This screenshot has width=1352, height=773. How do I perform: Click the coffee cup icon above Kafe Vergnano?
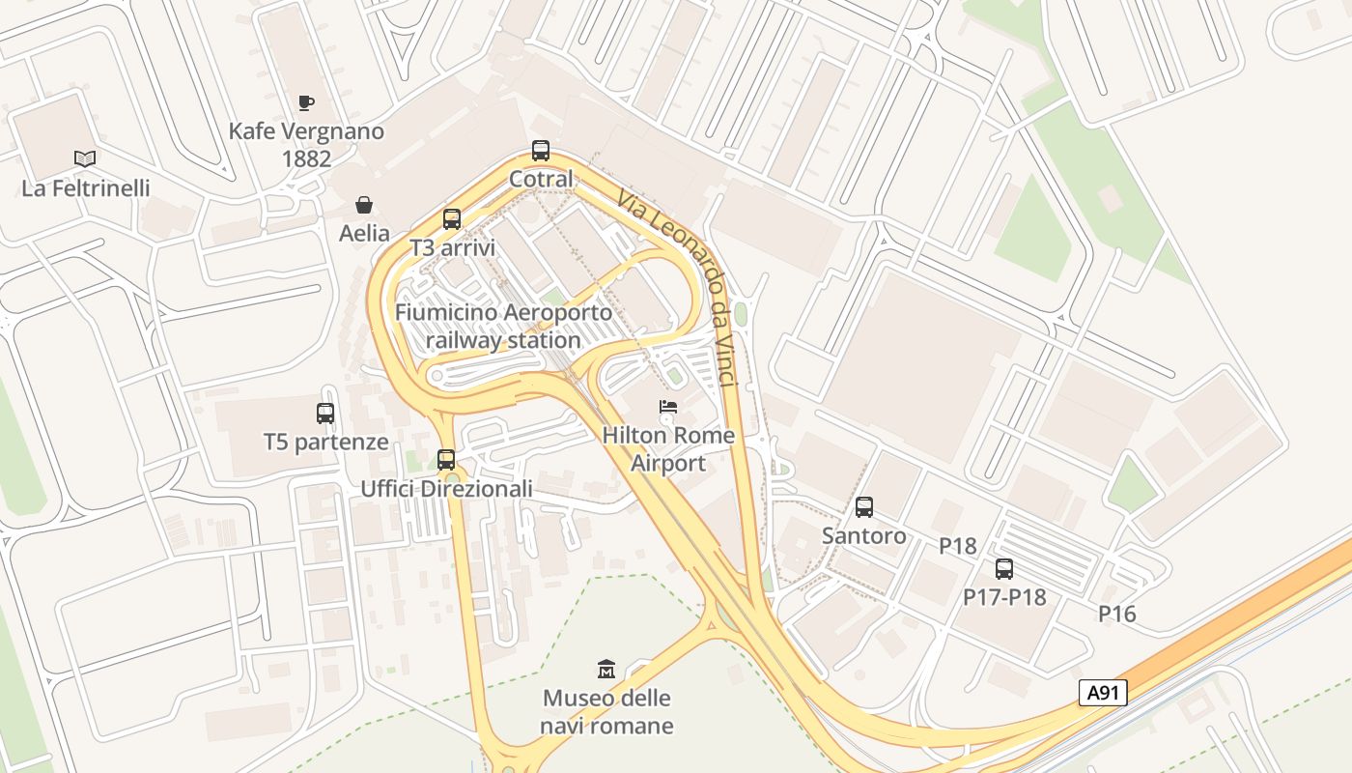(x=306, y=102)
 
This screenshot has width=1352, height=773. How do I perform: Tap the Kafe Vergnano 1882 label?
(x=306, y=144)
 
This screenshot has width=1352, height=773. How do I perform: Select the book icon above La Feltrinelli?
(x=85, y=158)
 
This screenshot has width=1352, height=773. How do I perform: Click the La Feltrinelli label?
(x=86, y=187)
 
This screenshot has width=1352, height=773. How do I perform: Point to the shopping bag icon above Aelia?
(x=364, y=205)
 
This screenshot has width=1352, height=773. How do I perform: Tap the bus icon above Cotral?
(x=541, y=151)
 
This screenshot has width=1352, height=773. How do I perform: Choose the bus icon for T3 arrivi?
(x=452, y=219)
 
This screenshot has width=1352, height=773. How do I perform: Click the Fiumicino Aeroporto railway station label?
(x=503, y=326)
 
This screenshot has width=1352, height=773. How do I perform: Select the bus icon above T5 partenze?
(x=325, y=414)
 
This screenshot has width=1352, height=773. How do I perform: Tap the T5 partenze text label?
(x=326, y=443)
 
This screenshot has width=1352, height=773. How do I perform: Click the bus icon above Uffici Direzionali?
(x=446, y=460)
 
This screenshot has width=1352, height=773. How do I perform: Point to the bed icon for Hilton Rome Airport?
(x=668, y=407)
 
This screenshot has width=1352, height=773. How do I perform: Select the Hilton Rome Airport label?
(x=668, y=448)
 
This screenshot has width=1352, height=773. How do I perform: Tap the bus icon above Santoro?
(x=864, y=506)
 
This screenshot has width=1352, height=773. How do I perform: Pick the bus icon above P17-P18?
(x=1004, y=569)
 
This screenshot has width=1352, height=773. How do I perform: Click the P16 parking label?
(x=1117, y=614)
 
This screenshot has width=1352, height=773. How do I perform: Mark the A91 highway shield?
(x=1103, y=693)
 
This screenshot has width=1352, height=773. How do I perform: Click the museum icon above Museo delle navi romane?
(x=606, y=669)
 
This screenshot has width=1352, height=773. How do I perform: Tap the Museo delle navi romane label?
(x=606, y=711)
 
